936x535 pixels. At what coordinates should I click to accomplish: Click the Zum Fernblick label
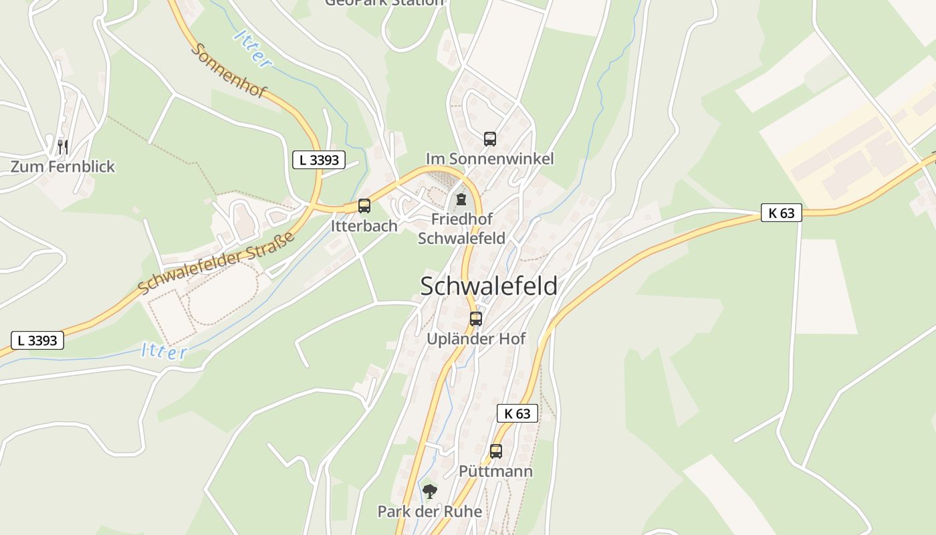point(63,167)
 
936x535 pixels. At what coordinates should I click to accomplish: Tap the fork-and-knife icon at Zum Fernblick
point(63,146)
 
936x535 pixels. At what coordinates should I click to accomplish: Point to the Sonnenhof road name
point(229,70)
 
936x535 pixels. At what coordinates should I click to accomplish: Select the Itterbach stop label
point(364,226)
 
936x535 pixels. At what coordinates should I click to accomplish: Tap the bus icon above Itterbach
point(364,206)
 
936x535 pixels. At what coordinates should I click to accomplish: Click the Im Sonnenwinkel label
point(490,158)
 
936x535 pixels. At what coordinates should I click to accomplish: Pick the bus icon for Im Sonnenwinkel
point(490,139)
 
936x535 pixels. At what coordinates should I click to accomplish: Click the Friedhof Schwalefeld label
point(461,229)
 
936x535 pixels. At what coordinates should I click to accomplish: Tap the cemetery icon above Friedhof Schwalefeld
point(461,199)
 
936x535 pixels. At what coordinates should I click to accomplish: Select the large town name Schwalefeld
point(489,286)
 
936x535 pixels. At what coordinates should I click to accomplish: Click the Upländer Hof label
point(476,339)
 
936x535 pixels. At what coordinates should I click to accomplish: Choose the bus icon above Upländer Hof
point(476,319)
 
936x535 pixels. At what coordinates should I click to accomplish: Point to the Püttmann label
point(495,471)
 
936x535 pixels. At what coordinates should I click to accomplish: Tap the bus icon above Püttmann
point(495,451)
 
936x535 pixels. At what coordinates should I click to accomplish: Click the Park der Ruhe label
point(430,512)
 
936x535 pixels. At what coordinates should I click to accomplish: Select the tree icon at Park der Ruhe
point(430,492)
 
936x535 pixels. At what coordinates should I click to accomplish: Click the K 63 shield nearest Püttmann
point(517,413)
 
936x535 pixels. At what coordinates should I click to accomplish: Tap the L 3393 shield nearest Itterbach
point(319,160)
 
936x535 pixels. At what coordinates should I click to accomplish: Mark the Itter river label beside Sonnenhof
point(253,48)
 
